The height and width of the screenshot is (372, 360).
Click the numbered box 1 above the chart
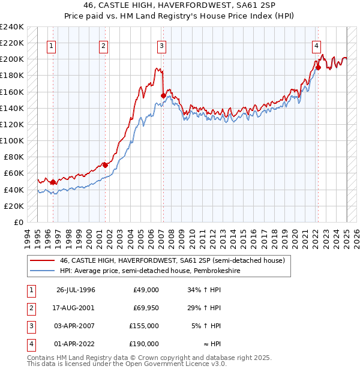(51, 46)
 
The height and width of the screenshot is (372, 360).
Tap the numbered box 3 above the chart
(162, 46)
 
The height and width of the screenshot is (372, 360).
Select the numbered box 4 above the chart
(316, 46)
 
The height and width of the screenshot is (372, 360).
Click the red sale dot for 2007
(163, 95)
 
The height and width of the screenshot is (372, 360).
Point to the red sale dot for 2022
(318, 67)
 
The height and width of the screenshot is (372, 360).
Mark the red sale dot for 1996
(53, 182)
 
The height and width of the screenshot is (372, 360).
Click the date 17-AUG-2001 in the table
(76, 308)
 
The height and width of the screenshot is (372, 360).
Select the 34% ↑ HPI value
(205, 290)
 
